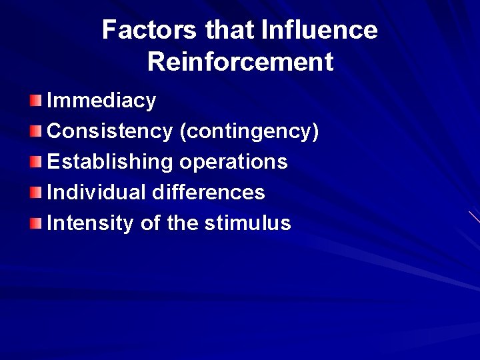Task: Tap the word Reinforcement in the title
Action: pos(240,62)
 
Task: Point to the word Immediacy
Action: pos(101,101)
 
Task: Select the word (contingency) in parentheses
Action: pos(249,131)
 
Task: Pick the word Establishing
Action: pos(110,162)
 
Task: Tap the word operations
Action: pos(233,162)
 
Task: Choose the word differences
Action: pos(209,193)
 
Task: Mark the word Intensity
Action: pos(90,223)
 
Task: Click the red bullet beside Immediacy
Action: pos(35,101)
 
